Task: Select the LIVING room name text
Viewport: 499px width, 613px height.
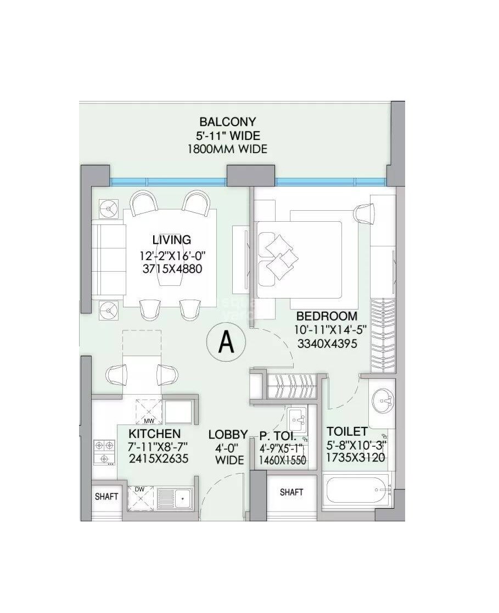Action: pos(171,239)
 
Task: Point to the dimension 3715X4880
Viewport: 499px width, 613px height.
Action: pos(171,269)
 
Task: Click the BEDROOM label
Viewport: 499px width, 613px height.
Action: pos(327,316)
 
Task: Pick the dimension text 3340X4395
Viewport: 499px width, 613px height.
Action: pos(327,345)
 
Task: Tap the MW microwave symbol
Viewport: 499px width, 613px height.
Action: pos(149,412)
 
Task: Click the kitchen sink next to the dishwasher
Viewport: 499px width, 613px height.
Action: pos(174,498)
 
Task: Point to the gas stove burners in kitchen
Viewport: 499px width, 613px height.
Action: pos(103,452)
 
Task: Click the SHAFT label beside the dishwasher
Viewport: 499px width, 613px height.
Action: pos(106,497)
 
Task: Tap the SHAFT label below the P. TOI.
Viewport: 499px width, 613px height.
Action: pos(291,492)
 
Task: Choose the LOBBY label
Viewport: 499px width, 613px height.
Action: pos(228,435)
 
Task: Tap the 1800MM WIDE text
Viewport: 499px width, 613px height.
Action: pos(227,149)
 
